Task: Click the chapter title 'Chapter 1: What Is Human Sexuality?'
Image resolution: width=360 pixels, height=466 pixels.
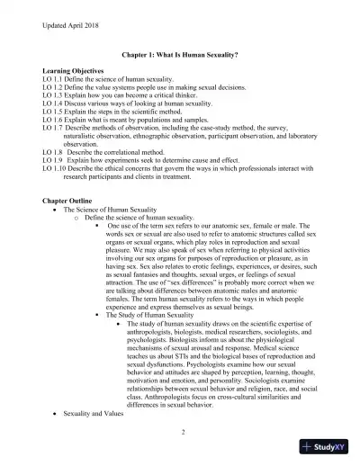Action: [181, 54]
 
